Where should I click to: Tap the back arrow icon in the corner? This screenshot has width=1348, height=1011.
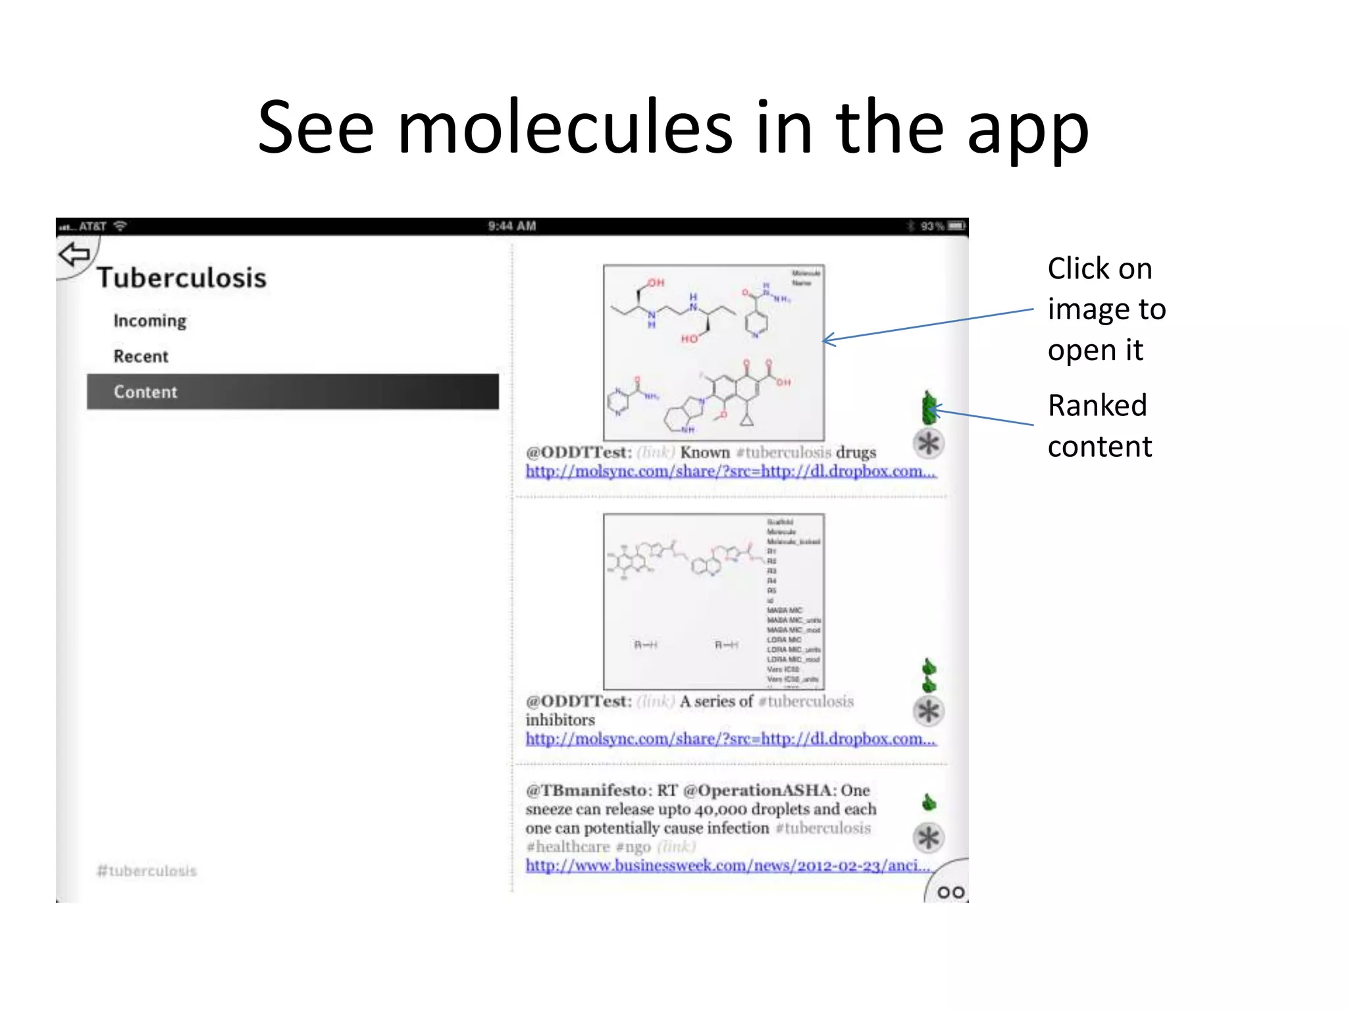click(x=74, y=254)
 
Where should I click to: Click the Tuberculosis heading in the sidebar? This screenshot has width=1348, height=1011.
click(x=182, y=278)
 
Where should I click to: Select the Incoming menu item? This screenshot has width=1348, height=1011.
click(x=150, y=321)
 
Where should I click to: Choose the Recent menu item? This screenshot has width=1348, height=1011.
click(x=141, y=356)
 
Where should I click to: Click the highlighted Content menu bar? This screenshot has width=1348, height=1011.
click(x=293, y=392)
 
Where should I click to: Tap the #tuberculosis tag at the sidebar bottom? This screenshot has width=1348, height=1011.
click(x=147, y=871)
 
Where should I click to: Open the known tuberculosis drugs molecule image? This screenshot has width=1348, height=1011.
click(x=713, y=352)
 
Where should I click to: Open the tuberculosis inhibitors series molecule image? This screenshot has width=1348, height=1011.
click(x=713, y=601)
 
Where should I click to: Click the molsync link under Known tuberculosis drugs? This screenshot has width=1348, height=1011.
click(x=730, y=471)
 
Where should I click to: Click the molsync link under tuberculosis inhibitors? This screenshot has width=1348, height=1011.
click(x=730, y=739)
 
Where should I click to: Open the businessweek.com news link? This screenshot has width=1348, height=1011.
click(x=727, y=866)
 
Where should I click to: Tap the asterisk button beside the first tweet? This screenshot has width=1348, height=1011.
click(x=928, y=443)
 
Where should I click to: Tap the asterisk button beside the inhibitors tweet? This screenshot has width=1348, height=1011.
click(x=928, y=711)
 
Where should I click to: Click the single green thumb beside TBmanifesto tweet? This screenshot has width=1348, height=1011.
click(x=929, y=802)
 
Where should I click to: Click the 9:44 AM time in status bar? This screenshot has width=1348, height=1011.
click(x=512, y=226)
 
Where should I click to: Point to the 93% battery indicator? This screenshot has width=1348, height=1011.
click(x=941, y=226)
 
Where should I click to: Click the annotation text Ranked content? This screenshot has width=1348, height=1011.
click(x=1099, y=426)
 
